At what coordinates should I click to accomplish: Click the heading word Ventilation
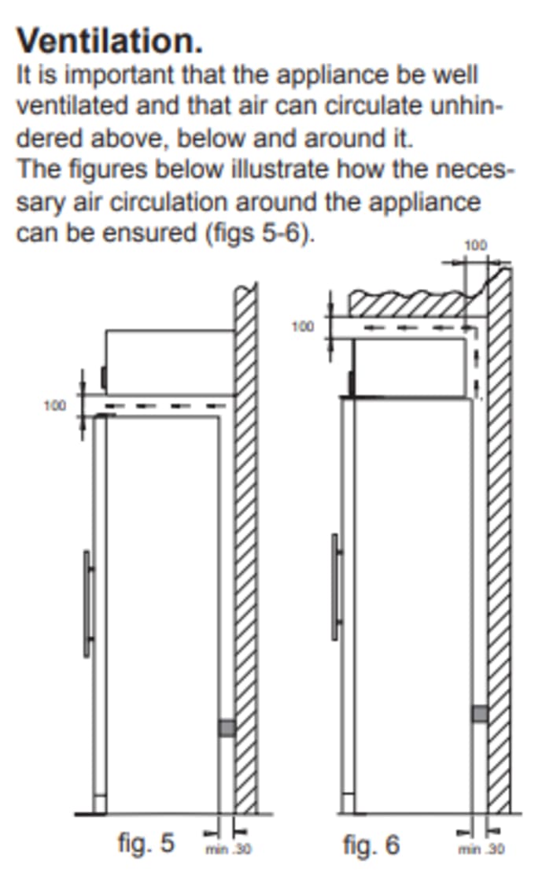click(x=109, y=41)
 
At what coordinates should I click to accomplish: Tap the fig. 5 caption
click(x=146, y=842)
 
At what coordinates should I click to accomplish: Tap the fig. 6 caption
click(x=371, y=845)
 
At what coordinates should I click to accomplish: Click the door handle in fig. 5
click(x=88, y=604)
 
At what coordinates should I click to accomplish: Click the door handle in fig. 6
click(x=336, y=586)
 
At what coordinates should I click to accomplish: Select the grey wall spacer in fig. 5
click(x=226, y=728)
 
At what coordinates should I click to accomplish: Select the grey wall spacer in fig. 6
click(x=480, y=713)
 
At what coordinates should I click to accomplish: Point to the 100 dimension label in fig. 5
click(x=55, y=405)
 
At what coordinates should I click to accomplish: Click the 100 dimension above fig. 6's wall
click(x=476, y=246)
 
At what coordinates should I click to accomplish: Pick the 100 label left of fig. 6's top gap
click(x=303, y=327)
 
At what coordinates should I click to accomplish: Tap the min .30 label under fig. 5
click(x=228, y=849)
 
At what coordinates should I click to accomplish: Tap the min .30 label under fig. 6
click(x=481, y=849)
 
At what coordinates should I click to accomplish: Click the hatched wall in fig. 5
click(x=245, y=548)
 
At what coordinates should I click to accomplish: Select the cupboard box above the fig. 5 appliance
click(x=170, y=362)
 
